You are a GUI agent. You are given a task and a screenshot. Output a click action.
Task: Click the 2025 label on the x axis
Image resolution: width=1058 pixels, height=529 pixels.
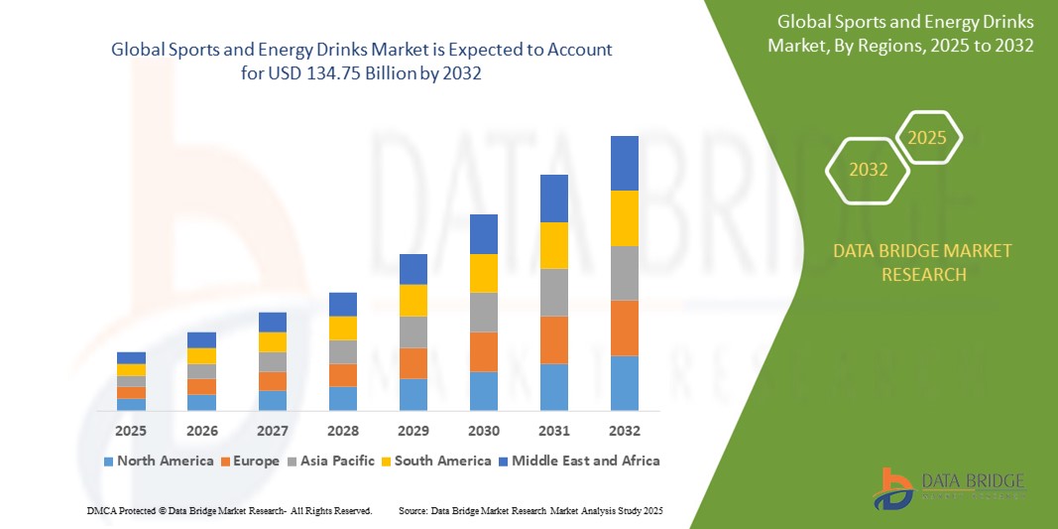pos(131,432)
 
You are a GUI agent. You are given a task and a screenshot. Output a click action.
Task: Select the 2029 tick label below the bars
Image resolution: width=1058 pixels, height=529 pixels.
pos(413,432)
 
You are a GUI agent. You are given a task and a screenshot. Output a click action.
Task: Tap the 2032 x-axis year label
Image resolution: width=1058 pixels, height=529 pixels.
pos(624,432)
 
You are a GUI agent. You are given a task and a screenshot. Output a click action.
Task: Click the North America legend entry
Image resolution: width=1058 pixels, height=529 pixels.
pos(158,461)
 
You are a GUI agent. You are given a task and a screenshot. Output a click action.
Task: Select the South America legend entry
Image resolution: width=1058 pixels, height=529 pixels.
pos(436,461)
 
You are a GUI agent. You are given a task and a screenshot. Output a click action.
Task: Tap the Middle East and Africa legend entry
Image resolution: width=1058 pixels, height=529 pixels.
pos(578,461)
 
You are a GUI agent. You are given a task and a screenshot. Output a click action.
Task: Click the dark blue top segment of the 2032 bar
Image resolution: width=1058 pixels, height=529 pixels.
pos(624,163)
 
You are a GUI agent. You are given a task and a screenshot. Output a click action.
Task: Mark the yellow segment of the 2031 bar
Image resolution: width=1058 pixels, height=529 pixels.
pos(553,245)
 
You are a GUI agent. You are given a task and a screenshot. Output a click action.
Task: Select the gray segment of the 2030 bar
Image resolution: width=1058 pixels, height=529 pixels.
pos(483,312)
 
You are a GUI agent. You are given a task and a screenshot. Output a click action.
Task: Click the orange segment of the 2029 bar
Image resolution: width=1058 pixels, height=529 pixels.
pos(413,363)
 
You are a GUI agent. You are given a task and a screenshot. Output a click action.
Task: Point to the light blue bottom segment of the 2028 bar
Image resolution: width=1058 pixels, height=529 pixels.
pos(343,398)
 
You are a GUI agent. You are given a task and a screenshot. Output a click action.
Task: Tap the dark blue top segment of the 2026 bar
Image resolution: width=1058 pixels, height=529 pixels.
pos(201,339)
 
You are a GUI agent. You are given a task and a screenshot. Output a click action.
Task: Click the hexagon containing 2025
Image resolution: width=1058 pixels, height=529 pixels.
pos(927,138)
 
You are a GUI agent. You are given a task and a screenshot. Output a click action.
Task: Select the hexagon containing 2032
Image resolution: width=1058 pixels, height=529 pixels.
pos(869,170)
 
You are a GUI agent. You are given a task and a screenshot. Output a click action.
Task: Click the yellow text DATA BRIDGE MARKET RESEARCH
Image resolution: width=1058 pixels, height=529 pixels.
pos(923,263)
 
